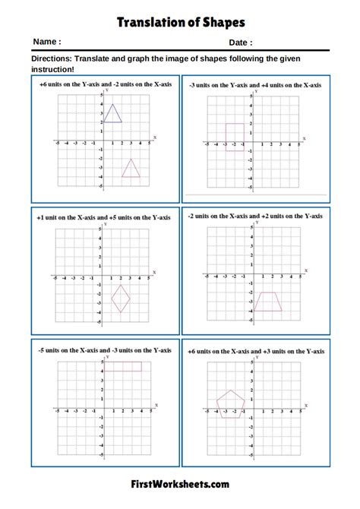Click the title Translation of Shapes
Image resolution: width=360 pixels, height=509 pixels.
click(179, 22)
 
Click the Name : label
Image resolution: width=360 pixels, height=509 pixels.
click(47, 43)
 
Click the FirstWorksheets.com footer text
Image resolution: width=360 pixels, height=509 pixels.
click(180, 483)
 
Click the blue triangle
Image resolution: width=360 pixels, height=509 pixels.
click(112, 114)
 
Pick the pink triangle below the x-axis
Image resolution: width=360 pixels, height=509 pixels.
click(131, 169)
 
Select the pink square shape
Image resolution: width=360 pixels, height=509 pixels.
click(235, 138)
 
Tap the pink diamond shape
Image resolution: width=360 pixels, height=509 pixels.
click(121, 299)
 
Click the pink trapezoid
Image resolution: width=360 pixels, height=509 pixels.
click(267, 302)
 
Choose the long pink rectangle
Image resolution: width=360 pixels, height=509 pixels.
click(122, 366)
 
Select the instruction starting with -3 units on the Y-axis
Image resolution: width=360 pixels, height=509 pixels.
click(255, 85)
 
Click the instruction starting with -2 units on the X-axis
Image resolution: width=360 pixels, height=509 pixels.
click(255, 217)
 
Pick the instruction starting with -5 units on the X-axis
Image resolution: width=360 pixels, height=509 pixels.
click(104, 349)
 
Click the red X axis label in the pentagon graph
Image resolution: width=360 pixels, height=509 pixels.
click(306, 404)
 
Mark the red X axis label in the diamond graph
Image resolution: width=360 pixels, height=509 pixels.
click(155, 271)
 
